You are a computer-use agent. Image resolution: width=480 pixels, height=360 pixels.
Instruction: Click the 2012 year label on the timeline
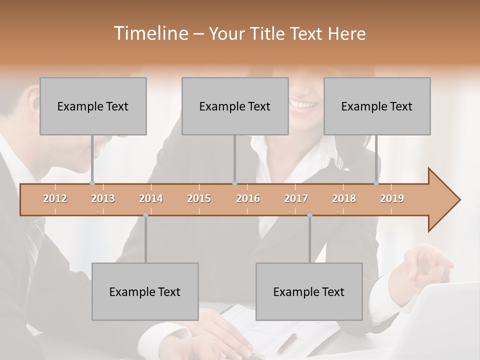pos(55,198)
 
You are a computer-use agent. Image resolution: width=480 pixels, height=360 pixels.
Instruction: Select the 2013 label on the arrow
pos(103,198)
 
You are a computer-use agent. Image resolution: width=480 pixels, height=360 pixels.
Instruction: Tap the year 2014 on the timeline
pos(151,198)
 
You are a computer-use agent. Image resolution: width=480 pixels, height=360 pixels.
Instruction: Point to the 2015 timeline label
pos(199,198)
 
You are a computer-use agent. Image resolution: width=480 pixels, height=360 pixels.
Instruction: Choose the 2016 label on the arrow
pos(248,198)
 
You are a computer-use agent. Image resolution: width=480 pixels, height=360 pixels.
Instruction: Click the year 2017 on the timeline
pos(296,198)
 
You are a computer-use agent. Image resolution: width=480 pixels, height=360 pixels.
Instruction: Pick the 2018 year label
pos(344,198)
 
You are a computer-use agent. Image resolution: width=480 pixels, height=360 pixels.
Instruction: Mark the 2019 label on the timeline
pos(392,198)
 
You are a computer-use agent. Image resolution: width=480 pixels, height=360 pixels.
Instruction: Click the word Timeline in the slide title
pos(149,33)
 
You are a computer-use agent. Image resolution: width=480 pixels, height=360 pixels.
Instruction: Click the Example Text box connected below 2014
pos(145,291)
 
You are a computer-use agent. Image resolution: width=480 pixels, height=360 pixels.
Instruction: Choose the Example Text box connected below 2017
pos(309,291)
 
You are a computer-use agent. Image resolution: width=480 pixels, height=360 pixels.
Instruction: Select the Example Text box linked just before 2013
pos(93,106)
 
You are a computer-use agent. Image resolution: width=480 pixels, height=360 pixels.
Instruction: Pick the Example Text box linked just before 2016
pos(235,106)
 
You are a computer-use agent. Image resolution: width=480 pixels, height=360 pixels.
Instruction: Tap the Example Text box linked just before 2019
pos(377,106)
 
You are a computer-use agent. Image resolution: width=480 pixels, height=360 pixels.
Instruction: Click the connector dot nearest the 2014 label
pos(145,215)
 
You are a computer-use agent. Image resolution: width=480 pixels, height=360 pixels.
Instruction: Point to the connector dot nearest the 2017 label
pos(309,215)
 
